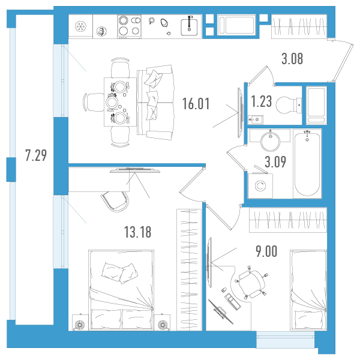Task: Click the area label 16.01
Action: click(196, 104)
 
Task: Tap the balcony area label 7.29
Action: click(36, 155)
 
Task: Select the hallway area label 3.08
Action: click(292, 59)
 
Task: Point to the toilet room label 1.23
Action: click(261, 101)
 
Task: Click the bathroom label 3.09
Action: click(275, 162)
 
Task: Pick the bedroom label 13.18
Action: click(137, 232)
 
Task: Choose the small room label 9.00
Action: click(266, 251)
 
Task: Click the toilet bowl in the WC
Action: click(289, 105)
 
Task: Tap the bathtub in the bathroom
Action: click(307, 163)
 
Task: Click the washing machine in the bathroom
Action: click(260, 185)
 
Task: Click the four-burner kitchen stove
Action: click(129, 26)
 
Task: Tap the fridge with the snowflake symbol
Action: click(80, 26)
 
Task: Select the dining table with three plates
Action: click(120, 102)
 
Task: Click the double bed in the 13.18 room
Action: click(121, 290)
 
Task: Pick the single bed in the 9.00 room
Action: click(308, 290)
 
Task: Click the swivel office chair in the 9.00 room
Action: click(251, 284)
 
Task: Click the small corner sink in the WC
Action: click(256, 119)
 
